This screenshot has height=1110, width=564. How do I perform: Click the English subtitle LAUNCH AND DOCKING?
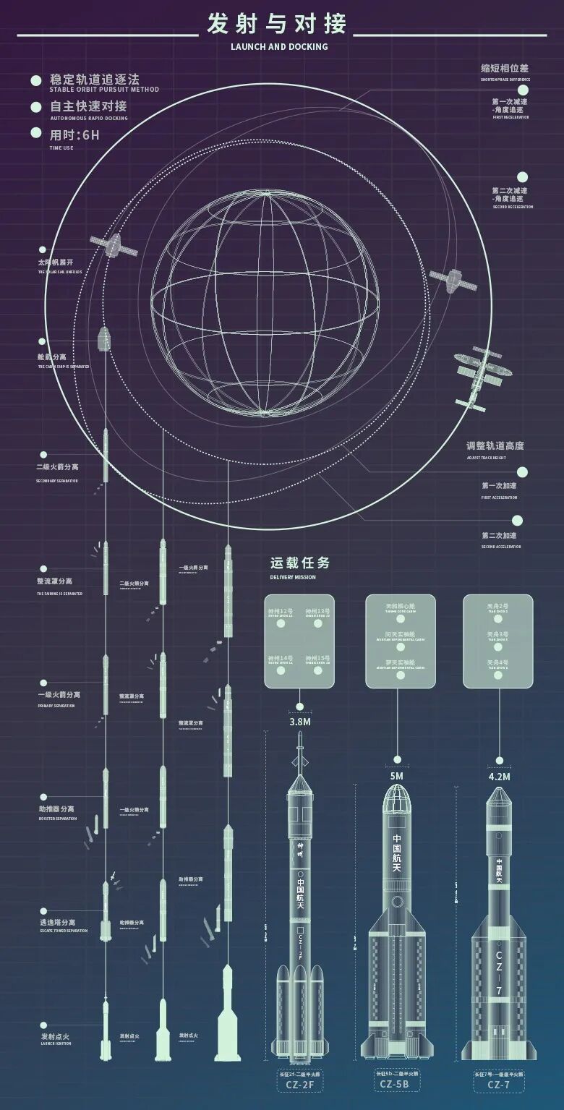pos(279,46)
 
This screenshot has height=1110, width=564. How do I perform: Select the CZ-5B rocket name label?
pos(397,1084)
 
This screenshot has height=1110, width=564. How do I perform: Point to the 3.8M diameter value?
pos(300,722)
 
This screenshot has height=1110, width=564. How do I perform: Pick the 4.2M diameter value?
pos(500,777)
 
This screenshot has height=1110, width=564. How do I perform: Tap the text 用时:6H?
pos(74,135)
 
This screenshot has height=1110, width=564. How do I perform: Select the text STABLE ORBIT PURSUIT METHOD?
pos(104,90)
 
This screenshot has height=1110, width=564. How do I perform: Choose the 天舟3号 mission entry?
pos(497,634)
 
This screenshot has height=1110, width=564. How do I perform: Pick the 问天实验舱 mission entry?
pos(400,634)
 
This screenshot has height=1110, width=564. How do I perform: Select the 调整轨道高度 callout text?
pos(495,445)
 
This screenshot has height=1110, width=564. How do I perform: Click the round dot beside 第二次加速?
pos(517,520)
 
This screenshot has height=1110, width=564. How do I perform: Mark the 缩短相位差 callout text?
pos(505,69)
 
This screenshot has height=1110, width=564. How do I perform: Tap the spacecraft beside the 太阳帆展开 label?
pos(114,246)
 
